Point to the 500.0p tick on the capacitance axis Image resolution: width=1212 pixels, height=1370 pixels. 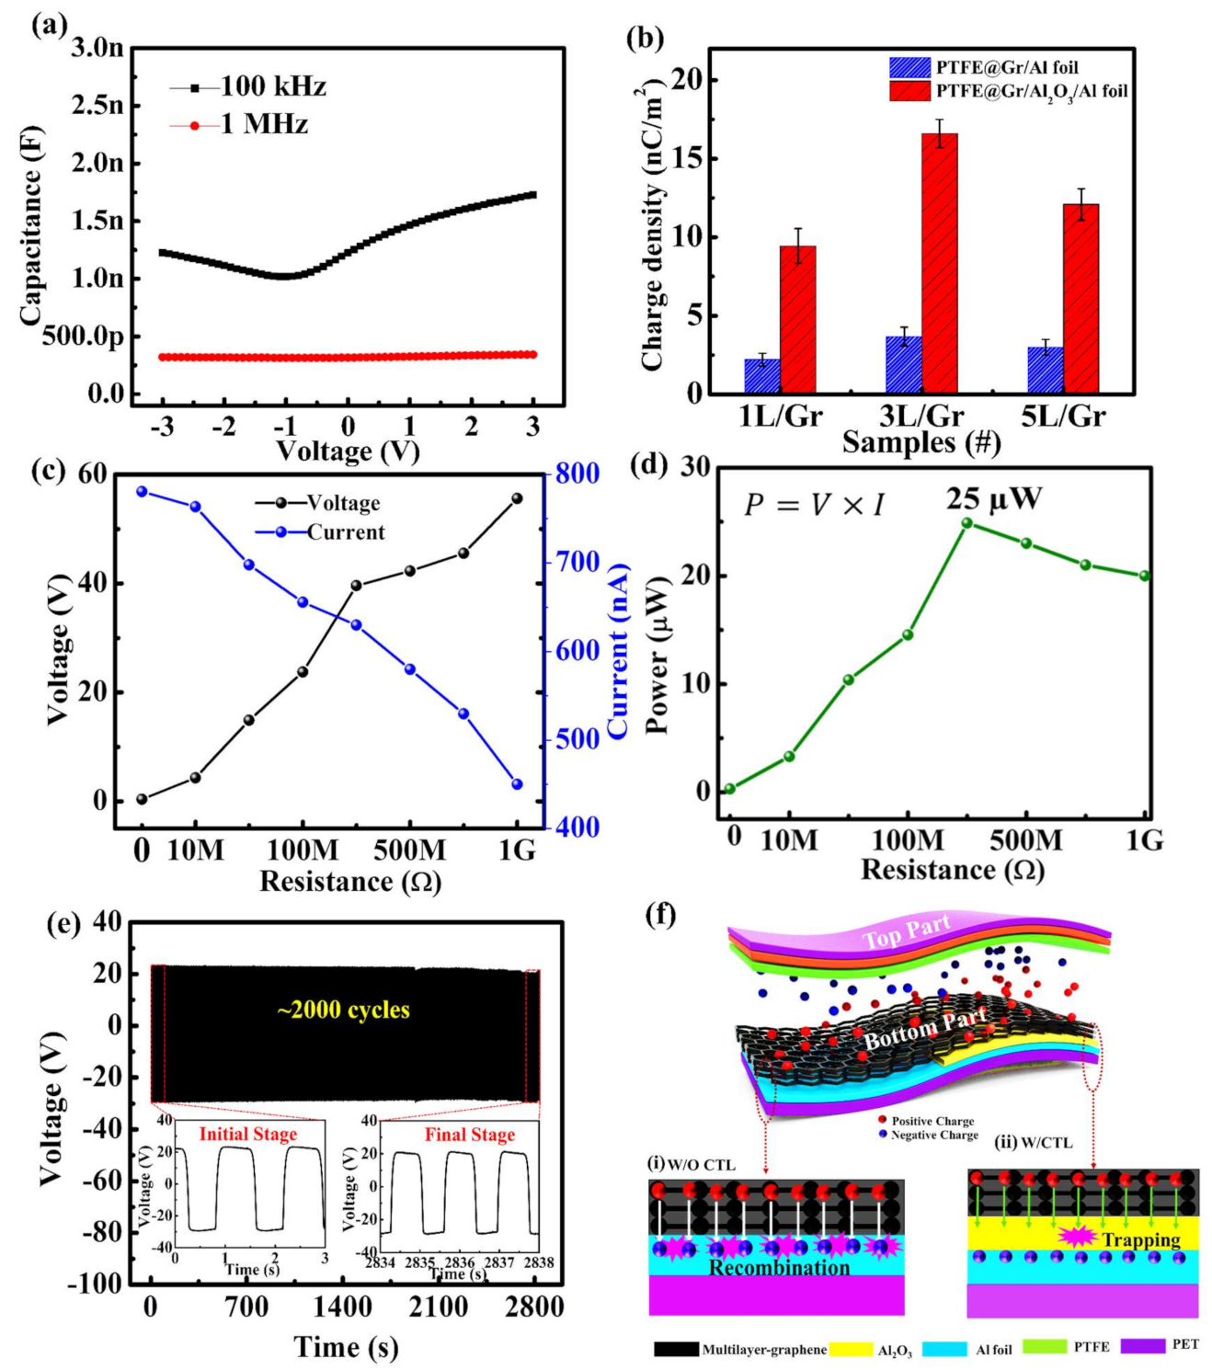tap(83, 337)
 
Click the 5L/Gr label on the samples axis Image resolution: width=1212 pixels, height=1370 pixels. tap(1063, 416)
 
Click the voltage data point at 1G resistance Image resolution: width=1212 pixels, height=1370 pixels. tap(517, 498)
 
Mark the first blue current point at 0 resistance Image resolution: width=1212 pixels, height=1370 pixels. tap(142, 492)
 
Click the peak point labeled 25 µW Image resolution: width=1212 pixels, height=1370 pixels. tap(966, 523)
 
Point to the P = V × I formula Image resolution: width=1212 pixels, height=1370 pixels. tap(813, 505)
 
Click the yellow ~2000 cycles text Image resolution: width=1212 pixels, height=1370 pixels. tap(343, 1010)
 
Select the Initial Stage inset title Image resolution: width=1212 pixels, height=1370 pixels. tap(247, 1134)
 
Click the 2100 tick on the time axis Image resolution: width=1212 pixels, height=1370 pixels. tap(439, 1307)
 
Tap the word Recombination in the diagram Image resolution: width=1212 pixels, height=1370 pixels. tap(779, 1268)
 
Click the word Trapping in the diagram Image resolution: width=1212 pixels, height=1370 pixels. tap(1140, 1239)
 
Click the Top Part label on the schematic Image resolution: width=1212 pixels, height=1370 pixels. tap(905, 931)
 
